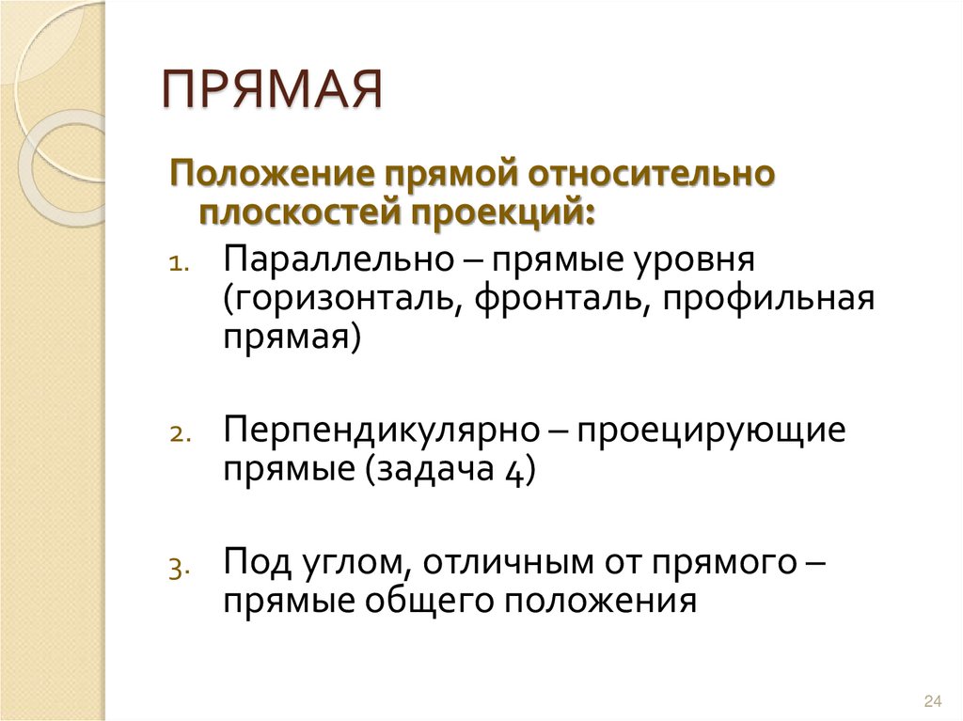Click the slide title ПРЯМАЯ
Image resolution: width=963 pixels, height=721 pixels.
coord(274,92)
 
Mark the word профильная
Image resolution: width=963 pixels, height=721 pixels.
coord(766,300)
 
